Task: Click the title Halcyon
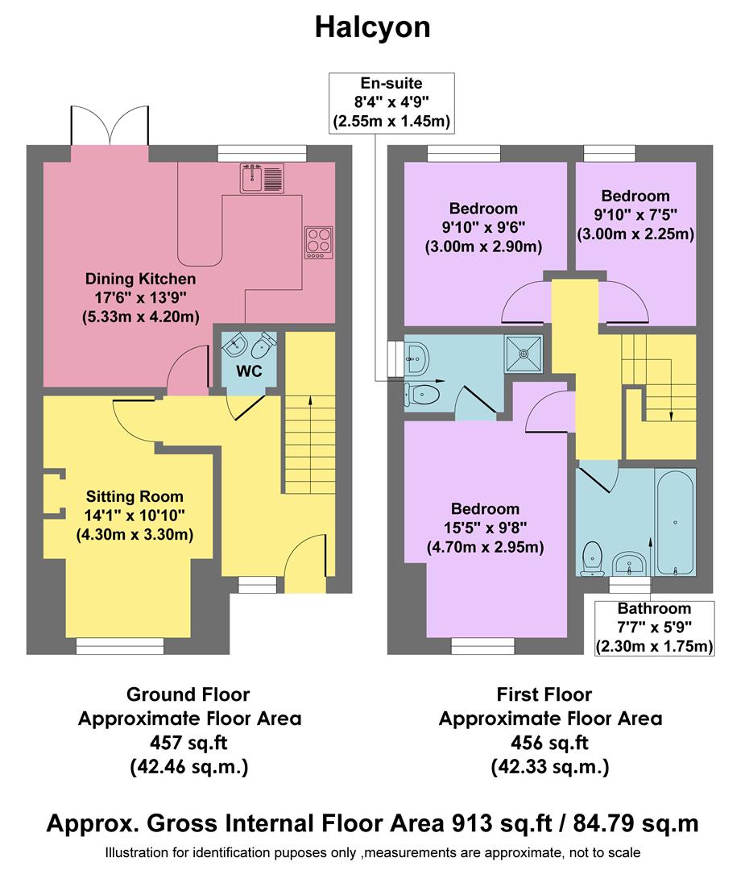pyautogui.click(x=372, y=27)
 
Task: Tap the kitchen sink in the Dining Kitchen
pyautogui.click(x=260, y=177)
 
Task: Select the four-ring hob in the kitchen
pyautogui.click(x=318, y=242)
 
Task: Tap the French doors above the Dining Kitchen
pyautogui.click(x=110, y=126)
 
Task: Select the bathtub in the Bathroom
pyautogui.click(x=674, y=521)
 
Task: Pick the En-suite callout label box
pyautogui.click(x=391, y=102)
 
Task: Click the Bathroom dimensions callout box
pyautogui.click(x=654, y=628)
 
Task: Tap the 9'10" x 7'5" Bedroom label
pyautogui.click(x=635, y=214)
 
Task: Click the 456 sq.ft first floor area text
pyautogui.click(x=549, y=743)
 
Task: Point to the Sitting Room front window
pyautogui.click(x=120, y=644)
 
